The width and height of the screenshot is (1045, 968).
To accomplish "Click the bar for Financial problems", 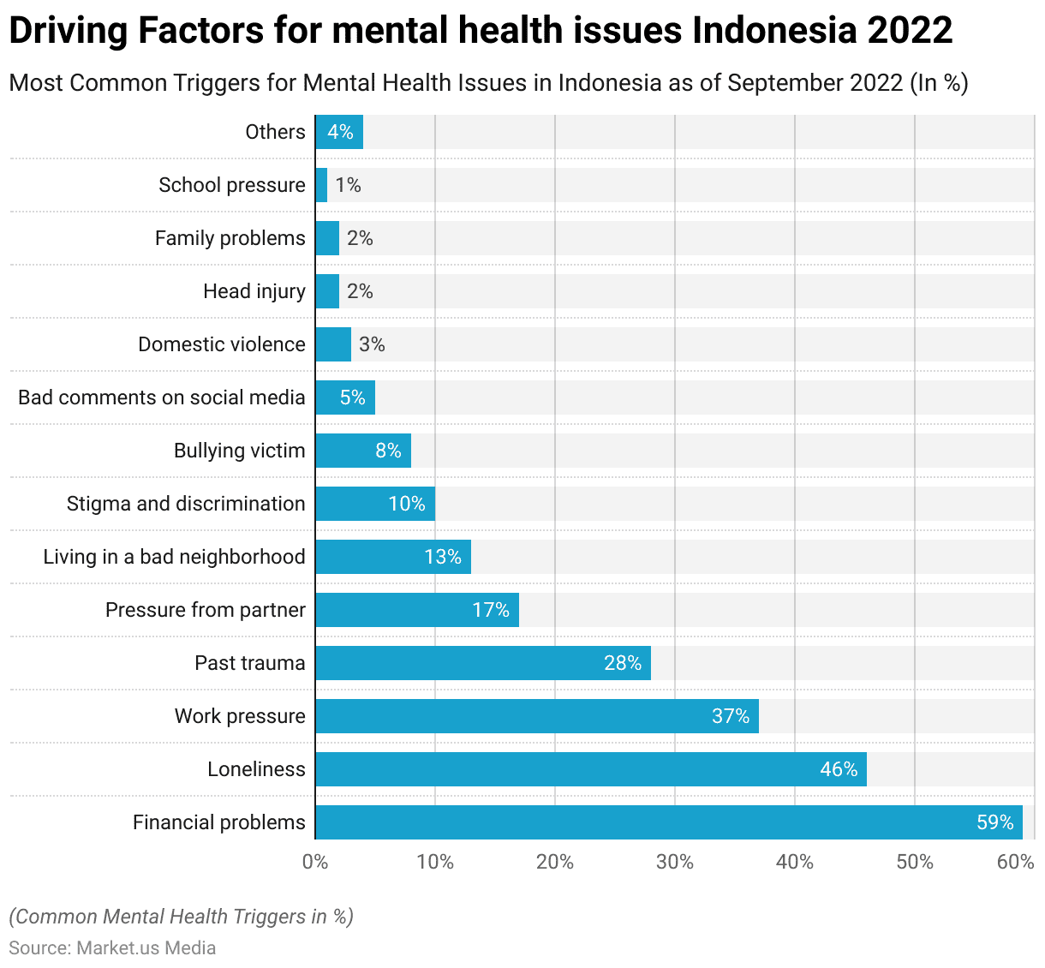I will click(x=668, y=822).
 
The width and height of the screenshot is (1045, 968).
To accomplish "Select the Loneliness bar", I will click(x=591, y=769).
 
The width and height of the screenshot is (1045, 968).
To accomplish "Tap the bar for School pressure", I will click(x=321, y=185).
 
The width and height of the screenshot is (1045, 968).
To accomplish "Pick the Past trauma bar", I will click(x=483, y=663).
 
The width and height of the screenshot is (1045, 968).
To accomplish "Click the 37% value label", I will click(x=731, y=716).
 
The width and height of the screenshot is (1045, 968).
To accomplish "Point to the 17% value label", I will click(x=491, y=610).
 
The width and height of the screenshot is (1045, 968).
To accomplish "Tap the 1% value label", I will click(x=348, y=185).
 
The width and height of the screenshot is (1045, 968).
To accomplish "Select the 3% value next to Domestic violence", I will click(x=372, y=344).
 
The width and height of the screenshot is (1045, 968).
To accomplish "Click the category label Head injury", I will click(x=254, y=291).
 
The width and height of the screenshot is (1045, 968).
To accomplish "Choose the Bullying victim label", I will click(x=240, y=451).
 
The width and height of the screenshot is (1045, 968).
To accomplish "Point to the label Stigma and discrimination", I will click(x=186, y=504).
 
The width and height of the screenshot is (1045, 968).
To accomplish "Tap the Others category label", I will click(x=275, y=132).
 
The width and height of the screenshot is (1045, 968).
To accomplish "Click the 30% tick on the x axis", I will click(x=675, y=862).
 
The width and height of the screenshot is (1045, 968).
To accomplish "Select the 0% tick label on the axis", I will click(x=315, y=862).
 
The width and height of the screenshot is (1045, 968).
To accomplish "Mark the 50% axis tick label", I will click(x=915, y=862).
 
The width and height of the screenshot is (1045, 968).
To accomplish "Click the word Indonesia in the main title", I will click(x=773, y=31).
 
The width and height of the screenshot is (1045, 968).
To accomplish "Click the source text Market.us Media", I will click(x=146, y=947).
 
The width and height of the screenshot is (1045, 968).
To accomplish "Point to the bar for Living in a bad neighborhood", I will click(x=393, y=557).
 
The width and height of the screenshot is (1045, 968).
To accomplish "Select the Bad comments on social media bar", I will click(x=345, y=397).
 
